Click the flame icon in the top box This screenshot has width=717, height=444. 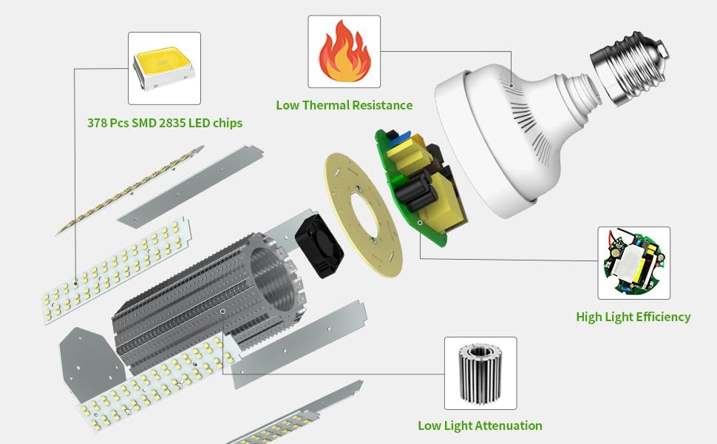click(x=344, y=52)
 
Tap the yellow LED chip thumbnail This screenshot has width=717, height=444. click(x=164, y=68)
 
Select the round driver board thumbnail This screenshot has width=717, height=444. click(x=633, y=263)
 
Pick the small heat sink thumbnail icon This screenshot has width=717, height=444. click(x=480, y=373)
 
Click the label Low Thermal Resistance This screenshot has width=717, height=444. click(x=344, y=105)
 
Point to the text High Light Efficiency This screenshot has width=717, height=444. click(x=633, y=317)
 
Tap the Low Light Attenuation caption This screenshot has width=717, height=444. click(x=480, y=425)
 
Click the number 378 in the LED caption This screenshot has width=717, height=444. click(x=97, y=123)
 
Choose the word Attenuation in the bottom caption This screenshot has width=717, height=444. click(x=509, y=425)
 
